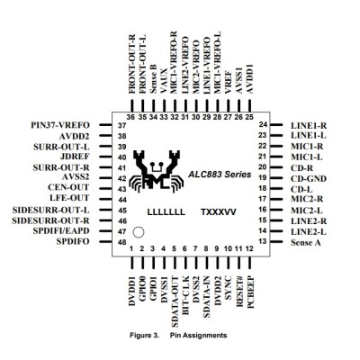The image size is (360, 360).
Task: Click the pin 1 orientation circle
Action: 139,232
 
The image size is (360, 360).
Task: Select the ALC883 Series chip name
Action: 220,174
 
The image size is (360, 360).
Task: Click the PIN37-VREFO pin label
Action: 60,125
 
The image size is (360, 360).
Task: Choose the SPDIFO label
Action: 73,241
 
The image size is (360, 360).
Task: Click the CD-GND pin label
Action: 309,179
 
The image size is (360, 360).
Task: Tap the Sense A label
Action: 306,242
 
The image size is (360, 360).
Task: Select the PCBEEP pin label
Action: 250,292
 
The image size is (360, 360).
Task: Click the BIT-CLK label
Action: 185,295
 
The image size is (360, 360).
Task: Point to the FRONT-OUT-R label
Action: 131,64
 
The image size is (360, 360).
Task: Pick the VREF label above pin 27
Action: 229,83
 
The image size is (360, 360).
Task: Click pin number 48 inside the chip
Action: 121,242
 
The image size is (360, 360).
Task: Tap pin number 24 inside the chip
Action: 263,124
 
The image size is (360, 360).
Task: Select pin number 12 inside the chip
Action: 249,248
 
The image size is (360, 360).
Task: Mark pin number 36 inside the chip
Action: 130,117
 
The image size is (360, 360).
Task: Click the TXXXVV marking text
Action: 219,212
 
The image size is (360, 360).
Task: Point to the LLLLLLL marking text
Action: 166,212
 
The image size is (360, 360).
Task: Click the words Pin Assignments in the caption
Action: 198,335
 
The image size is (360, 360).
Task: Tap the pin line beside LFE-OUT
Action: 105,199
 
